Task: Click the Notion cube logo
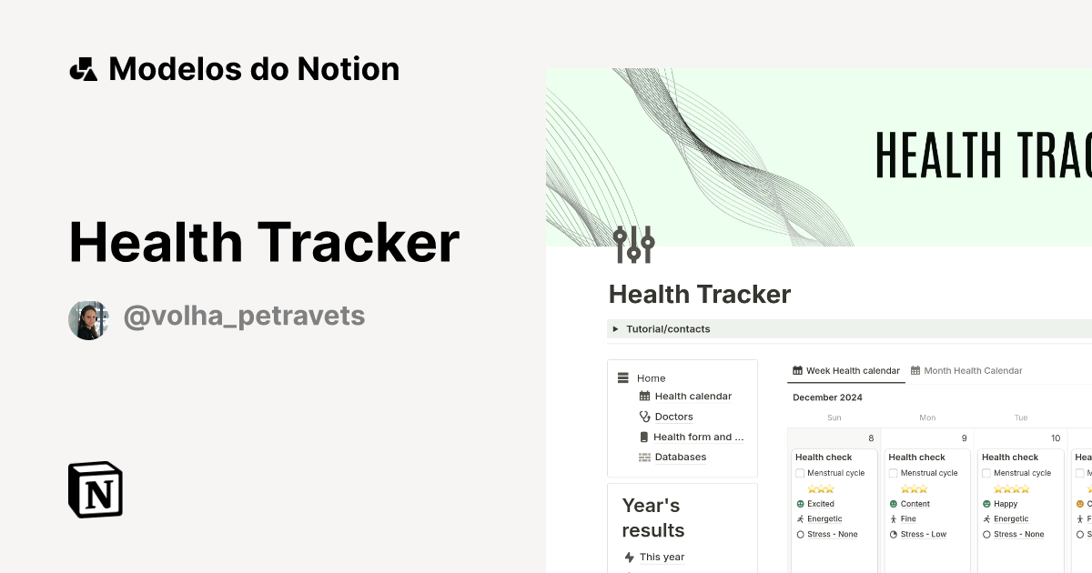tap(96, 489)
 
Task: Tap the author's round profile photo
tap(88, 320)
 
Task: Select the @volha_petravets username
tap(244, 316)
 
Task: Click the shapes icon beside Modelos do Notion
tap(83, 69)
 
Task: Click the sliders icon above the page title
tap(633, 245)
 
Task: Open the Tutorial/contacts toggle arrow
tap(616, 329)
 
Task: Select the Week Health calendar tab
tap(846, 371)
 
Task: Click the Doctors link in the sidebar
tap(673, 417)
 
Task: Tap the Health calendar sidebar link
tap(693, 397)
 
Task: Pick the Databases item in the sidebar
tap(680, 457)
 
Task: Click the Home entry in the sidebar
tap(651, 378)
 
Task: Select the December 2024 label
tap(827, 397)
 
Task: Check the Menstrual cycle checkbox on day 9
tap(894, 473)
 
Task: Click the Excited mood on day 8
tap(820, 504)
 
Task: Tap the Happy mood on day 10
tap(1006, 504)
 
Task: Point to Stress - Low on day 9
tap(923, 535)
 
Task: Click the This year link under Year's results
tap(662, 558)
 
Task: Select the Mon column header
tap(927, 418)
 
